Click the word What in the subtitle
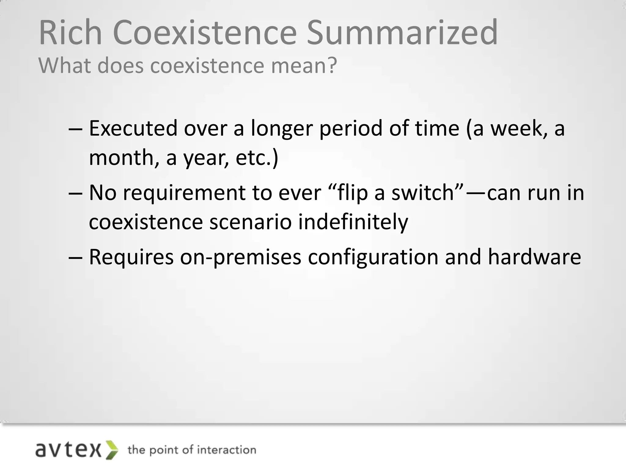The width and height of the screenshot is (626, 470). pyautogui.click(x=64, y=65)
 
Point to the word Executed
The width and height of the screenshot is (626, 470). pyautogui.click(x=133, y=128)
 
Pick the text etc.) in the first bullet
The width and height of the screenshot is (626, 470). pyautogui.click(x=257, y=158)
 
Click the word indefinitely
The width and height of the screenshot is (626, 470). pyautogui.click(x=353, y=222)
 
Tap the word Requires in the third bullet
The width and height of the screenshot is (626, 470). pyautogui.click(x=131, y=257)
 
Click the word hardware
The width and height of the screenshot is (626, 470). pyautogui.click(x=534, y=257)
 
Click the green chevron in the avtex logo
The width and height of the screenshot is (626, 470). pyautogui.click(x=112, y=450)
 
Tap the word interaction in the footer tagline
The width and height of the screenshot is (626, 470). pyautogui.click(x=226, y=450)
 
